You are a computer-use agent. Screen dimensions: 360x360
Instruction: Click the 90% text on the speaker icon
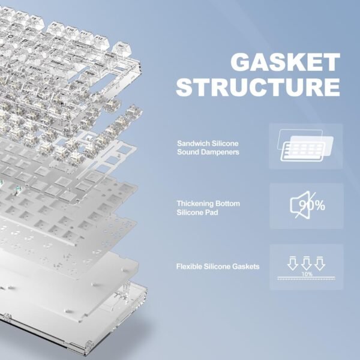(x=312, y=206)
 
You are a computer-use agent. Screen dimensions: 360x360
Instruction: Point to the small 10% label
(x=307, y=274)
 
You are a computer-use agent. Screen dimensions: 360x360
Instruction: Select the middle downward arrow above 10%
(x=307, y=262)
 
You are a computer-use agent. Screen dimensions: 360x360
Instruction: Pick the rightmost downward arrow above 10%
(x=320, y=262)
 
